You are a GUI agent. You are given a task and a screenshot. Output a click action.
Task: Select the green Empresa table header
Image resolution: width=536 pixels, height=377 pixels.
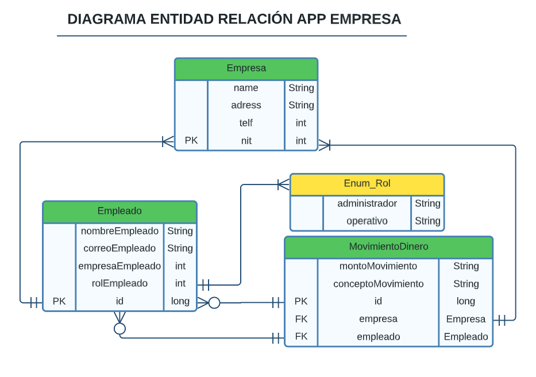pos(246,68)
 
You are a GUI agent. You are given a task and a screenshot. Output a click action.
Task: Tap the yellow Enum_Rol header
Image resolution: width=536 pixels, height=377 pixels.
pos(367,184)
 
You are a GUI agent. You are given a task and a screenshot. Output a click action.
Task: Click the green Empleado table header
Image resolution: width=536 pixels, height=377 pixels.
pos(119,211)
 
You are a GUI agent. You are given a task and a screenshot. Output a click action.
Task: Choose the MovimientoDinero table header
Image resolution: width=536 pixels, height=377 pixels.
pos(388,247)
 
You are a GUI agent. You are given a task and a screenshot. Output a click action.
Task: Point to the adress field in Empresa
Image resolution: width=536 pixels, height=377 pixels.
pos(246,105)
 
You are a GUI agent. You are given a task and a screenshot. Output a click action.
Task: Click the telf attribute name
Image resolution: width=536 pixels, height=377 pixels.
pos(246,123)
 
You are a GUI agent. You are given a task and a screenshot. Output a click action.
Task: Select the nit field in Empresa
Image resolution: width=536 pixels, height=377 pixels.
pos(246,141)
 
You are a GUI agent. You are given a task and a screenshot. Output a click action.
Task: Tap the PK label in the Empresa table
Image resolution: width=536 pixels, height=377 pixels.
pos(191,141)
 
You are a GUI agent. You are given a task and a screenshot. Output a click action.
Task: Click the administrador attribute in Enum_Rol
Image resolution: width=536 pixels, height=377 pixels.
pos(367,203)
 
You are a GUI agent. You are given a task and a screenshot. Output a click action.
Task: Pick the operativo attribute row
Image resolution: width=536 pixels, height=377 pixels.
pos(367,221)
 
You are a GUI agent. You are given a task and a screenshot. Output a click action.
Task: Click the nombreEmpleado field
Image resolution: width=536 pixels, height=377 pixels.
pos(119,231)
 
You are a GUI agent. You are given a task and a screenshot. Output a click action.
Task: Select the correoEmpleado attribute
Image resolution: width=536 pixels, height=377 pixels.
pos(119,248)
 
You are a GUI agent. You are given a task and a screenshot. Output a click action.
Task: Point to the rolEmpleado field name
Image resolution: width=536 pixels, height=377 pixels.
pos(119,283)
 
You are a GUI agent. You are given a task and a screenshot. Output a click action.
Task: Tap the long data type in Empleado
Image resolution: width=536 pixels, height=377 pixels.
pos(180,301)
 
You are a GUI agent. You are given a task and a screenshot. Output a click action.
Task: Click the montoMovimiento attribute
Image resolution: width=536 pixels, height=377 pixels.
pos(378,266)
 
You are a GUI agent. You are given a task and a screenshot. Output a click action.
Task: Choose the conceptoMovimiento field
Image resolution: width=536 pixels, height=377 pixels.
pos(378,284)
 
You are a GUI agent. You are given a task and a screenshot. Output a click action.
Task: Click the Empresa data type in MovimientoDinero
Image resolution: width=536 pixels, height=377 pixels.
pos(465,319)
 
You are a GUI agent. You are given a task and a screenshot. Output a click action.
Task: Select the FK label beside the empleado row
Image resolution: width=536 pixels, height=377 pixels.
pos(301,337)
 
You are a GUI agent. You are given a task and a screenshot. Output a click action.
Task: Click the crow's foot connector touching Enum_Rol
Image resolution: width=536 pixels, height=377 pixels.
pos(283,184)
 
